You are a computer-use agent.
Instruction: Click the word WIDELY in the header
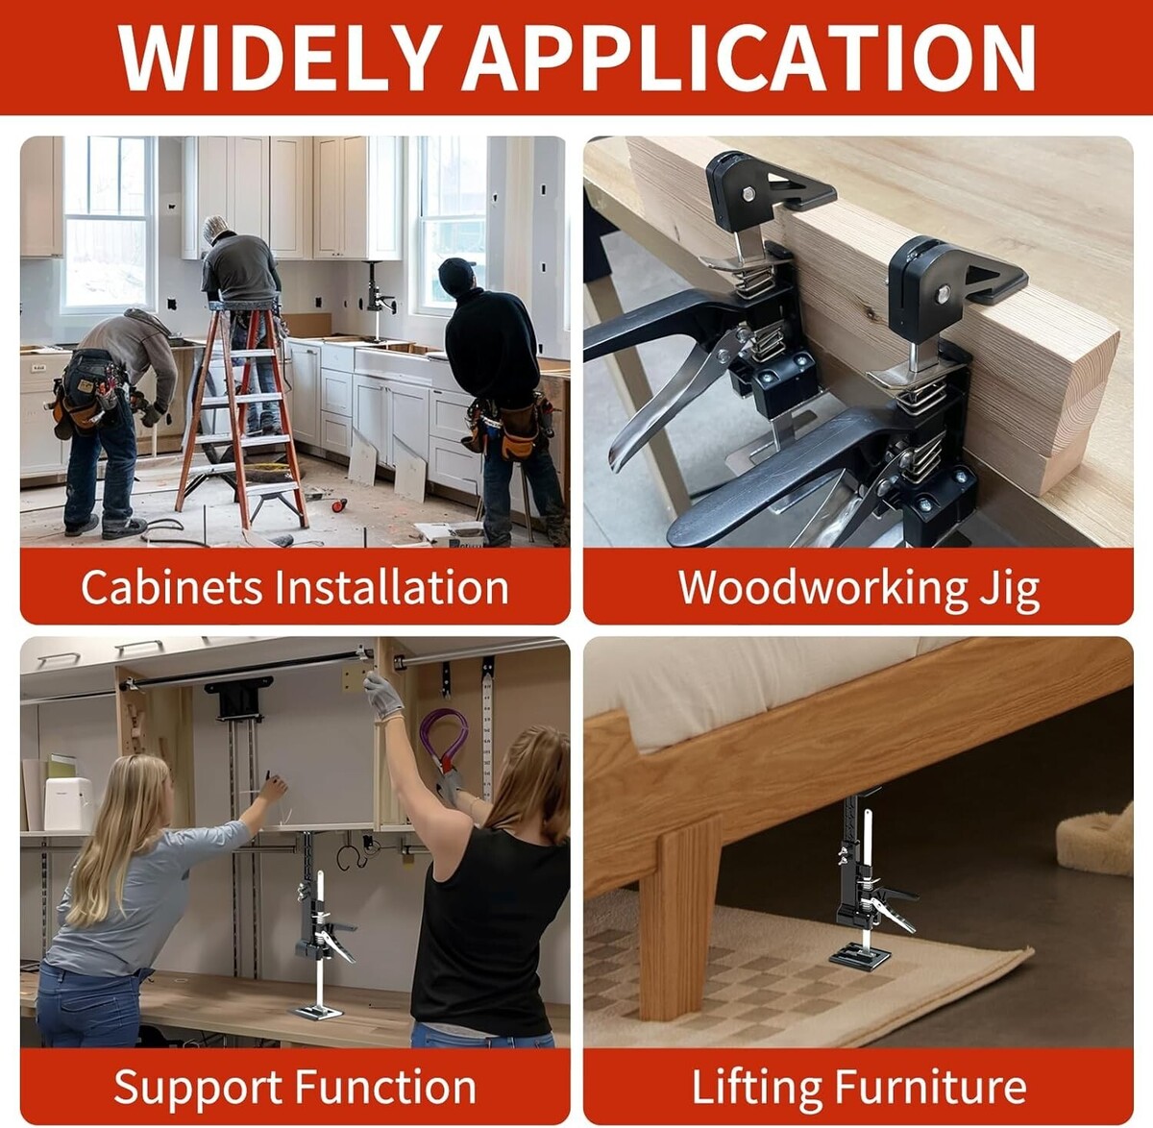281,57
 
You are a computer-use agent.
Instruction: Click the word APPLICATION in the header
748,57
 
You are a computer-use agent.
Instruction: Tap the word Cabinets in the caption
172,587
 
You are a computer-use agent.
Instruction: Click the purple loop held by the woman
444,738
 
